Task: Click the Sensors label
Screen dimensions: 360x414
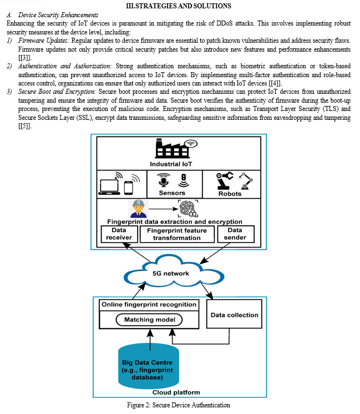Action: (x=172, y=193)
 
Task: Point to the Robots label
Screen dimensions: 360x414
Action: (x=230, y=194)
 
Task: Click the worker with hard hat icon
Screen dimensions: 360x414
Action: (x=139, y=209)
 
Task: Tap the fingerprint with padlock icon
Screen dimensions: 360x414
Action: (x=188, y=209)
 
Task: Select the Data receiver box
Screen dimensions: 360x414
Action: (x=119, y=234)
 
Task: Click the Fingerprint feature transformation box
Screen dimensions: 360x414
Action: (x=177, y=234)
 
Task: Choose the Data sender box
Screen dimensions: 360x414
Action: (x=236, y=234)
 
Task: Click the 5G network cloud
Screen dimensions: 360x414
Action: (x=174, y=272)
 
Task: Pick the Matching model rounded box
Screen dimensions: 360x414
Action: (x=149, y=320)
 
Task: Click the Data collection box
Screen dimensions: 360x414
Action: (x=234, y=314)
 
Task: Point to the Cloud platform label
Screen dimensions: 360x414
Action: (x=176, y=392)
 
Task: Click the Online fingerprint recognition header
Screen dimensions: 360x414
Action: (x=149, y=305)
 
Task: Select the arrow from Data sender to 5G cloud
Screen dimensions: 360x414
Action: (x=215, y=253)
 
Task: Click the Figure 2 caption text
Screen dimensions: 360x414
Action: (x=179, y=405)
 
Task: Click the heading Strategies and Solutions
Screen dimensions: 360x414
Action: (x=179, y=6)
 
